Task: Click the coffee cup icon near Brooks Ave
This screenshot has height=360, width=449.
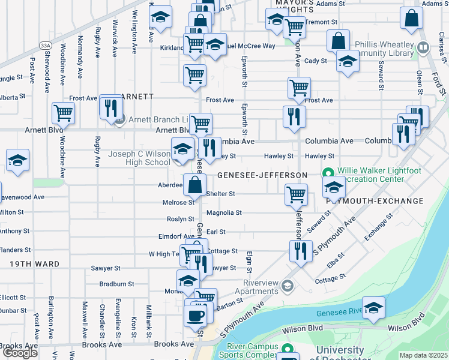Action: coord(195,314)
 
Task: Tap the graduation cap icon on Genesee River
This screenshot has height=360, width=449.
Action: coord(373,308)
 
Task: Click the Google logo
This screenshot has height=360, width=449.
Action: coord(19,353)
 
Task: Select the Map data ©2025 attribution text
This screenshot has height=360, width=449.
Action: coord(423,355)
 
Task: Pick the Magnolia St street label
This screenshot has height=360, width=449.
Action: coord(224,212)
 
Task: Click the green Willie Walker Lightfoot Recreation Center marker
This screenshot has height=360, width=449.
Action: coord(328,171)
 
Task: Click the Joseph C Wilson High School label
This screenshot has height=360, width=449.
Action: coord(139,158)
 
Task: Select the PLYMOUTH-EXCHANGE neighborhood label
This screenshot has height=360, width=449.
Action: coord(370,202)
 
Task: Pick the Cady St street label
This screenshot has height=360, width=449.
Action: coord(315,61)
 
